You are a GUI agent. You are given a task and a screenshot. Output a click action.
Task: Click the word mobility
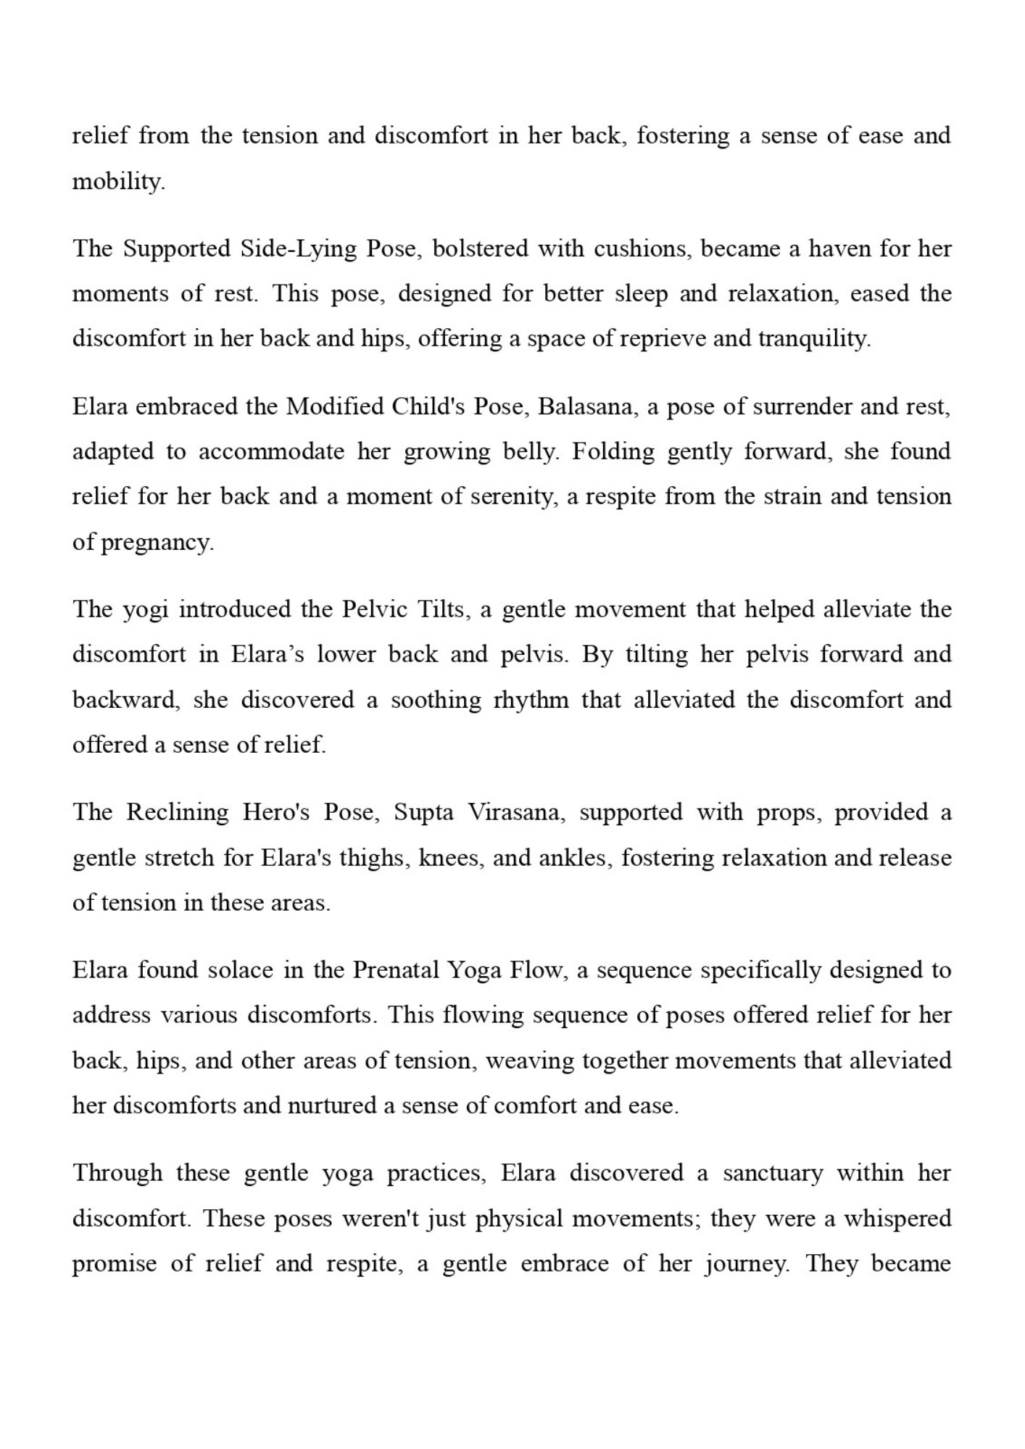tap(118, 181)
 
